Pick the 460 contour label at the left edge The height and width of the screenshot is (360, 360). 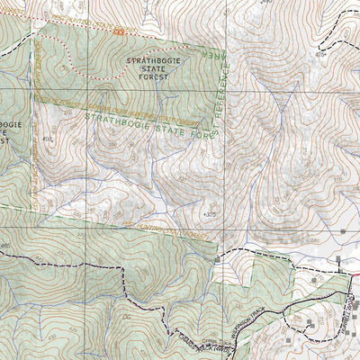[7, 245]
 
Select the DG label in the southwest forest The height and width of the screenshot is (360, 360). [126, 319]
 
